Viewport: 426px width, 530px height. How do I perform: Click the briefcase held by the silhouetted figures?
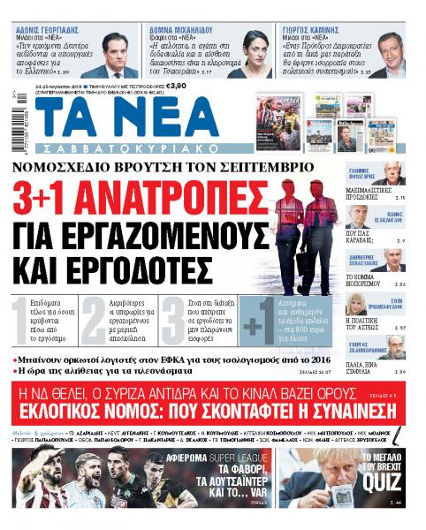(x=303, y=265)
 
